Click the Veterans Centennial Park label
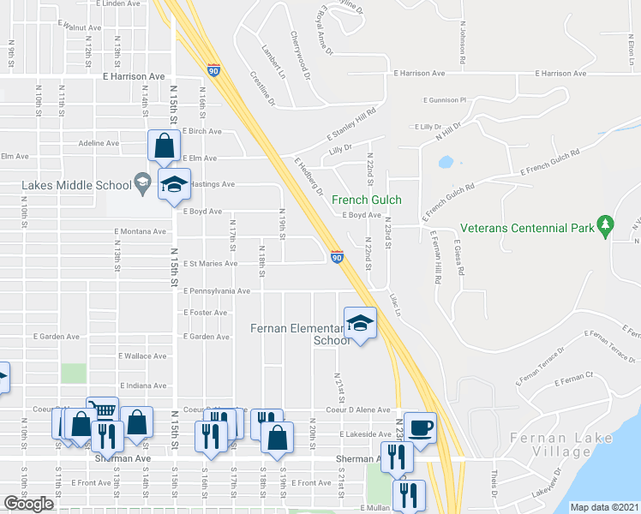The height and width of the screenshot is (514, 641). click(527, 229)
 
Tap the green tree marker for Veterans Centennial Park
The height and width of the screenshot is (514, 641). click(606, 227)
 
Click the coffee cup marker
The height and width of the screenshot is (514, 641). click(420, 427)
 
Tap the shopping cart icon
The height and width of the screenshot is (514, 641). click(103, 411)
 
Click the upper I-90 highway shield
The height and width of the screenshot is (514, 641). click(213, 69)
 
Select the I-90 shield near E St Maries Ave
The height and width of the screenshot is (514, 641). click(337, 257)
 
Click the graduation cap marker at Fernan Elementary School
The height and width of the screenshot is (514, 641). click(360, 323)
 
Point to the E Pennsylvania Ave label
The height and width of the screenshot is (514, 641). click(215, 291)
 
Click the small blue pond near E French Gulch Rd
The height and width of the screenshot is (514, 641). click(446, 161)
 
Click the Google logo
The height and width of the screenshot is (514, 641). click(28, 504)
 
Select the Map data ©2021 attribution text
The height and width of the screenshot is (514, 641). click(605, 507)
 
